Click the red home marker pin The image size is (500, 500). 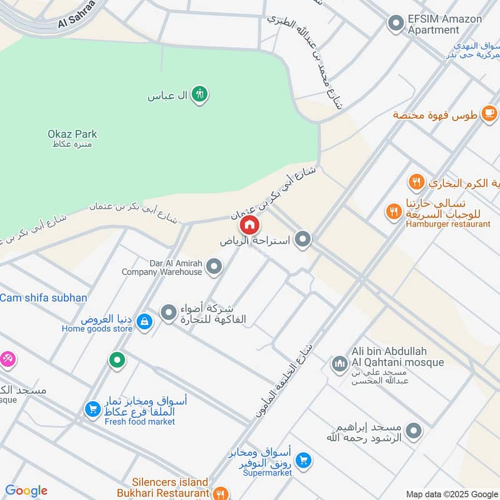(249, 224)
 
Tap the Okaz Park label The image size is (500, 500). (72, 134)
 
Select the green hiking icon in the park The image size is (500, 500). (199, 94)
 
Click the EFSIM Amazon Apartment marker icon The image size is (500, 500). (395, 24)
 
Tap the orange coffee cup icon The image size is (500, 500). (489, 114)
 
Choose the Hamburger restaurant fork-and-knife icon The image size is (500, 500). (393, 211)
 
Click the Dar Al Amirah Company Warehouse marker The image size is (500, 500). (214, 267)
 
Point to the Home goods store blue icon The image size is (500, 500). (144, 322)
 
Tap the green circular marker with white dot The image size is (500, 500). (116, 359)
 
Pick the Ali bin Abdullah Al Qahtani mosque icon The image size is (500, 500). (339, 363)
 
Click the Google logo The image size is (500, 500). (26, 491)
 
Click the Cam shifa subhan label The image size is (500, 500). (43, 298)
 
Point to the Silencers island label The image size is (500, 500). (170, 482)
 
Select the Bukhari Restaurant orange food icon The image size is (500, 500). (219, 493)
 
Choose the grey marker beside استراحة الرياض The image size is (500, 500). (303, 239)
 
